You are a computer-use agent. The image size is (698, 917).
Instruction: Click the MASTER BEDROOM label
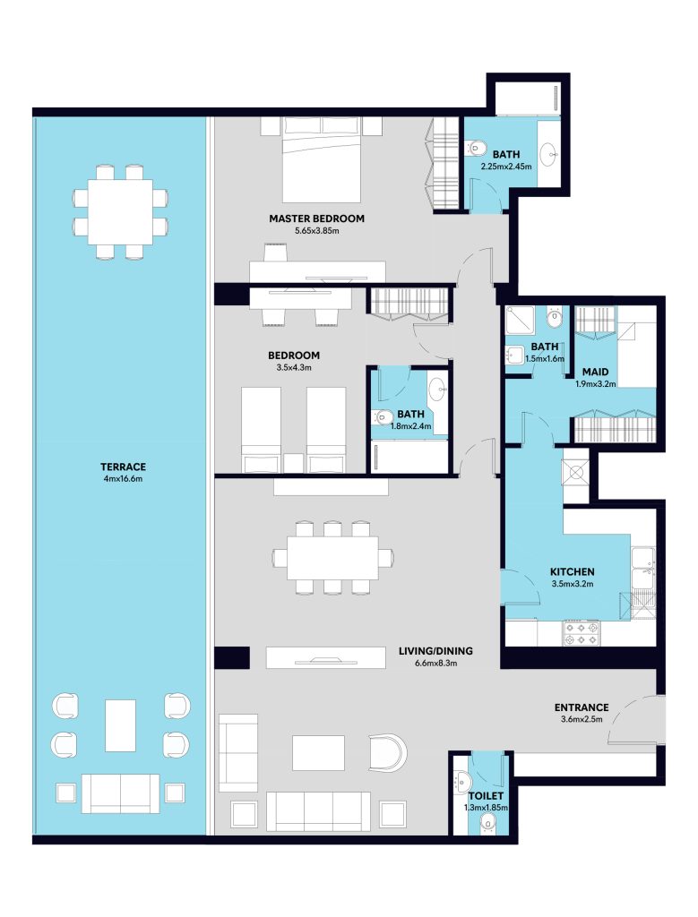[x=316, y=219]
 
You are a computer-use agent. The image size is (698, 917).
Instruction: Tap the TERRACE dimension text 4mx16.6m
[x=123, y=479]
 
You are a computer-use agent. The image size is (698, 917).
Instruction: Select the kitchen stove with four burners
[x=581, y=633]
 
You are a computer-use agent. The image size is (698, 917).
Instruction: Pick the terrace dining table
[x=121, y=211]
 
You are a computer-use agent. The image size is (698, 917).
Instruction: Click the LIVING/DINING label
[x=435, y=651]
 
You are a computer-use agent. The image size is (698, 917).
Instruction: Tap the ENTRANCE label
[x=582, y=707]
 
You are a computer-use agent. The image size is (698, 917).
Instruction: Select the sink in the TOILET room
[x=463, y=780]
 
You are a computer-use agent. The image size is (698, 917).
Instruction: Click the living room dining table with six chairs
[x=332, y=557]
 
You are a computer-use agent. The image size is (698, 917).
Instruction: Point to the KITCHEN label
[x=573, y=572]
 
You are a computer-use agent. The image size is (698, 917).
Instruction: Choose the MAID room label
[x=596, y=372]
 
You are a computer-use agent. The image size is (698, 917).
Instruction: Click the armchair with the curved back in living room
[x=387, y=752]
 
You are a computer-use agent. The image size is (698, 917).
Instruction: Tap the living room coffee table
[x=318, y=752]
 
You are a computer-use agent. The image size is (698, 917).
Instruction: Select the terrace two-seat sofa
[x=121, y=793]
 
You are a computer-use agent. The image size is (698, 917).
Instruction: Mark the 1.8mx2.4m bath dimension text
[x=410, y=426]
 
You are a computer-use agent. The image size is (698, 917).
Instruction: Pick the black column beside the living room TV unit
[x=232, y=658]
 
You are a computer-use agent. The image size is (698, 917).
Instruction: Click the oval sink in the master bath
[x=548, y=155]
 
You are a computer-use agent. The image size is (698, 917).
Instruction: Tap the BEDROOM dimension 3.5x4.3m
[x=294, y=368]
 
